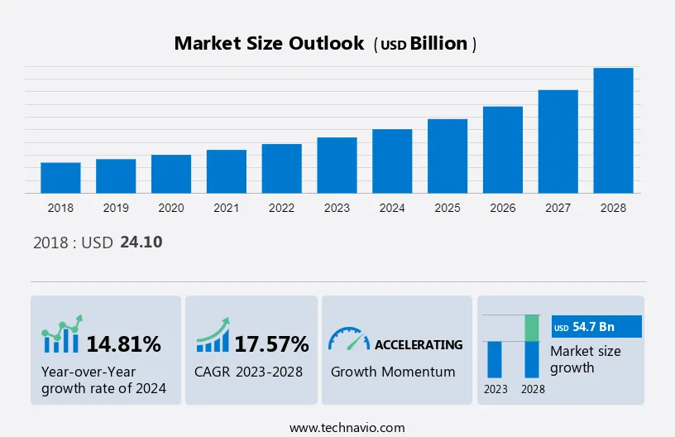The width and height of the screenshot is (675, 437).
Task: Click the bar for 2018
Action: [60, 178]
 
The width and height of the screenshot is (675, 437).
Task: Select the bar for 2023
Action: [337, 166]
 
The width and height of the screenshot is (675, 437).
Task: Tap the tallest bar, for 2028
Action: [613, 131]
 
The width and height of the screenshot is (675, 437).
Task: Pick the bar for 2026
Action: [503, 150]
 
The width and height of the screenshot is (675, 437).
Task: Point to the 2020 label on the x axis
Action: [171, 208]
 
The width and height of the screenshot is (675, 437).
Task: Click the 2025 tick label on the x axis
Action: [448, 208]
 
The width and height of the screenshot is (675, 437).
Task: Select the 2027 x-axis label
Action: [558, 208]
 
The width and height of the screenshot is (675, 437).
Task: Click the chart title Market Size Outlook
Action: [269, 44]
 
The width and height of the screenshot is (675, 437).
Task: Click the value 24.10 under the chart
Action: [141, 243]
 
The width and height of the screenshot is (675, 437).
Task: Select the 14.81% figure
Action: [124, 343]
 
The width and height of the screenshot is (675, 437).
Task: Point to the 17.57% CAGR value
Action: [271, 343]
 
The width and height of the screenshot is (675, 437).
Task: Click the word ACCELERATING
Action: [419, 344]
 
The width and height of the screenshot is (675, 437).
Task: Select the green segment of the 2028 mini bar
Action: [533, 328]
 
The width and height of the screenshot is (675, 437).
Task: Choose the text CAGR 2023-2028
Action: [249, 372]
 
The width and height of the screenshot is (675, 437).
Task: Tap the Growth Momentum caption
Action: [393, 372]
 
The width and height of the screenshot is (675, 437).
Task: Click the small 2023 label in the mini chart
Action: [495, 389]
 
